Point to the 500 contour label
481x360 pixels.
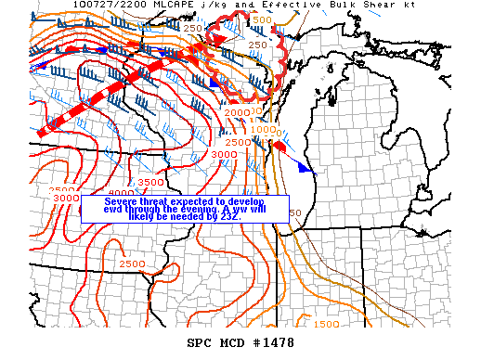(263, 19)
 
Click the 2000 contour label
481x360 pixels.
(237, 112)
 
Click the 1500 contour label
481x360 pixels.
(326, 324)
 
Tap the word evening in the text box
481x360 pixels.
(195, 210)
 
